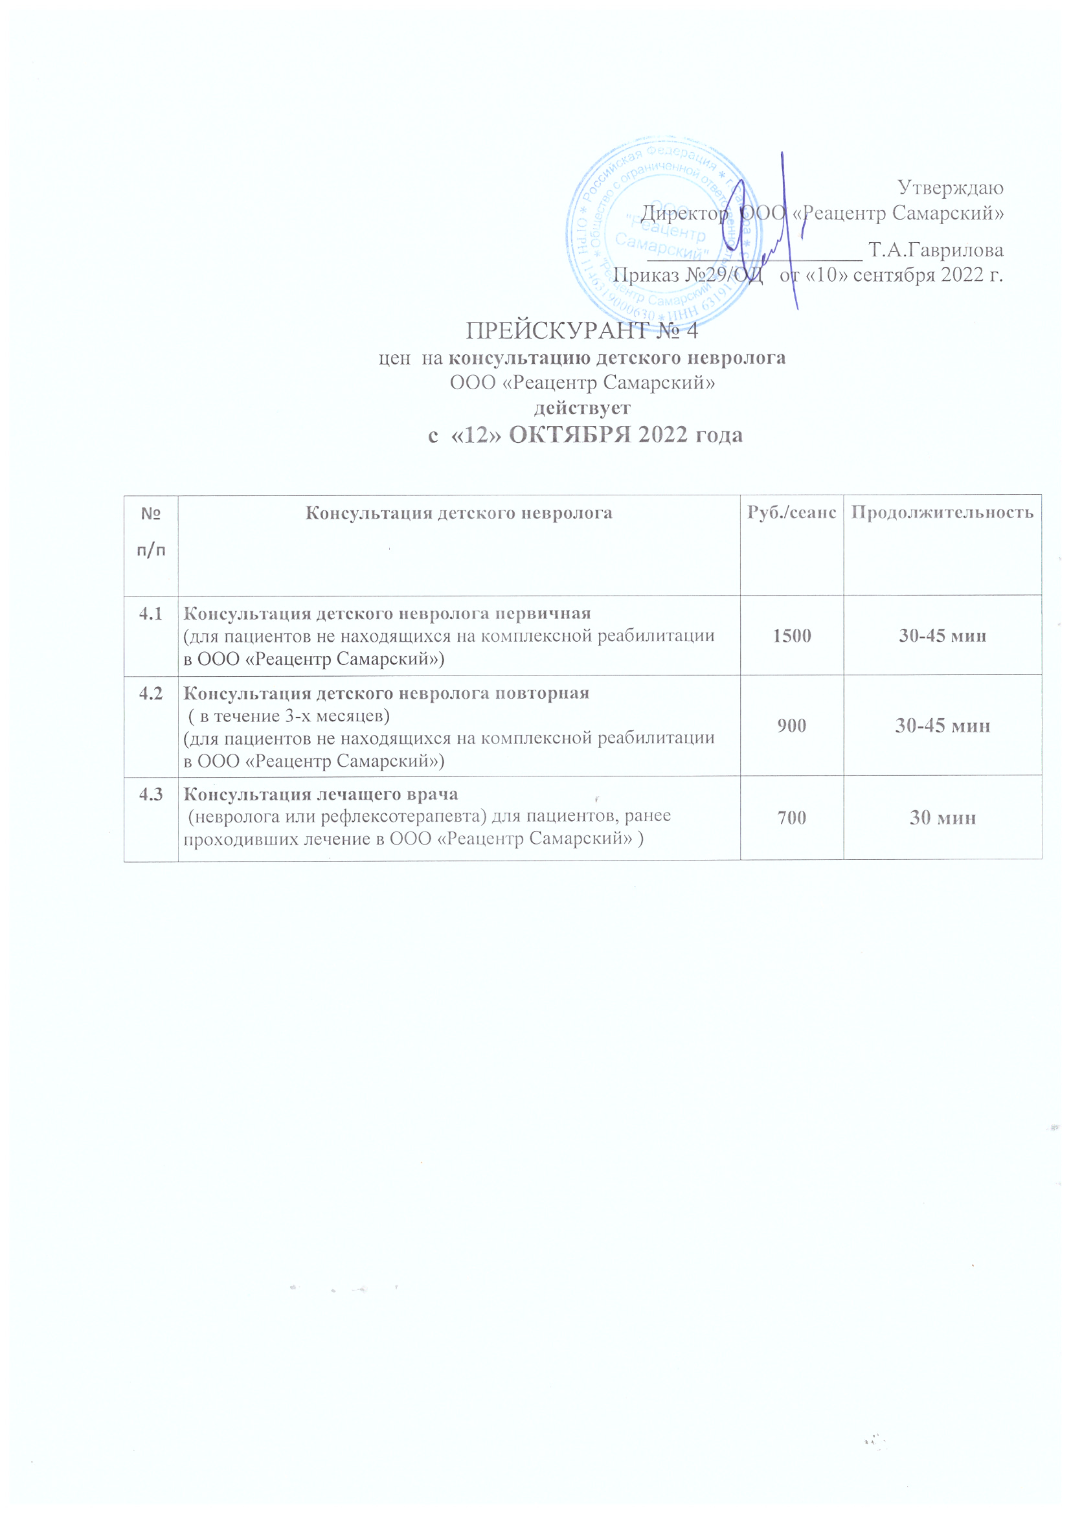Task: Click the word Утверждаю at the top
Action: click(951, 188)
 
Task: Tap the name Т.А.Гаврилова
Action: click(936, 251)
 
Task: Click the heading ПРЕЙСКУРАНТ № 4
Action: click(581, 330)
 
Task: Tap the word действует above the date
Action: click(581, 407)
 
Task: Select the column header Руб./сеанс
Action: click(791, 512)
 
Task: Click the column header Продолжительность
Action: click(941, 512)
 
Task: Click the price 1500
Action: click(791, 636)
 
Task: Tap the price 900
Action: click(791, 726)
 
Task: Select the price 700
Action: click(791, 818)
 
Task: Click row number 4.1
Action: click(150, 614)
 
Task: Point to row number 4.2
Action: click(150, 694)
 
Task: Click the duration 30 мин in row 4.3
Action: click(942, 818)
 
